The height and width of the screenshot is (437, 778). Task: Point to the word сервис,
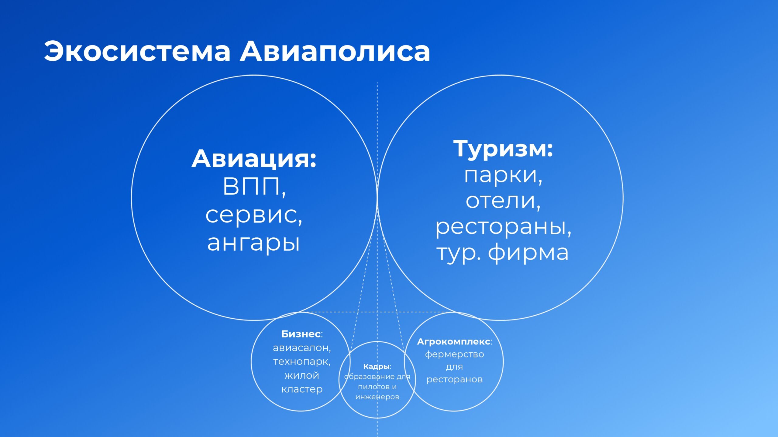tap(254, 215)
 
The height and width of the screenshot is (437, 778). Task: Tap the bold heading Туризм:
tap(503, 149)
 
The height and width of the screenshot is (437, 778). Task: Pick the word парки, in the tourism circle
tap(503, 176)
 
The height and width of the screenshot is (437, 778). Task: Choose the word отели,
tap(503, 201)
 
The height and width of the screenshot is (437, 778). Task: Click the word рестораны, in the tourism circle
tap(503, 227)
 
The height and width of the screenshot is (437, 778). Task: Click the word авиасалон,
tap(302, 348)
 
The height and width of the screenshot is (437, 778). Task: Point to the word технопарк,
tap(302, 362)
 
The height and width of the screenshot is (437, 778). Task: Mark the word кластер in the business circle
tap(302, 389)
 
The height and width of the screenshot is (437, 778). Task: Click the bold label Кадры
tap(376, 367)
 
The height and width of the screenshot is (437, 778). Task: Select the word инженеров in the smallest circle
tap(377, 397)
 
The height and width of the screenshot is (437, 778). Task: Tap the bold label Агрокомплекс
tap(453, 342)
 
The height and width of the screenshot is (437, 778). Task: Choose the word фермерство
tap(454, 354)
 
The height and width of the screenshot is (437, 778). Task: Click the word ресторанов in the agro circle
tap(454, 380)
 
